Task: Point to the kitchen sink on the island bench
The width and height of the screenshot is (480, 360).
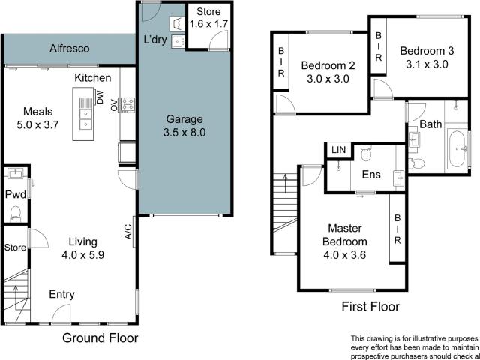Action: click(85, 120)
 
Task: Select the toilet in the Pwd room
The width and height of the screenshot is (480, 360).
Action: click(14, 212)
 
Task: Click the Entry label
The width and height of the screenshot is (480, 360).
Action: click(62, 295)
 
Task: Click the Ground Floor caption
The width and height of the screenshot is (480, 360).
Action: click(99, 337)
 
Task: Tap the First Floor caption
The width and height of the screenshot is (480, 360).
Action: click(370, 306)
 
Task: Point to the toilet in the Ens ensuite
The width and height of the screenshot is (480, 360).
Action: click(365, 154)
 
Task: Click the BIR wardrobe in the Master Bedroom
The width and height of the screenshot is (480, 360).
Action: click(397, 229)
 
